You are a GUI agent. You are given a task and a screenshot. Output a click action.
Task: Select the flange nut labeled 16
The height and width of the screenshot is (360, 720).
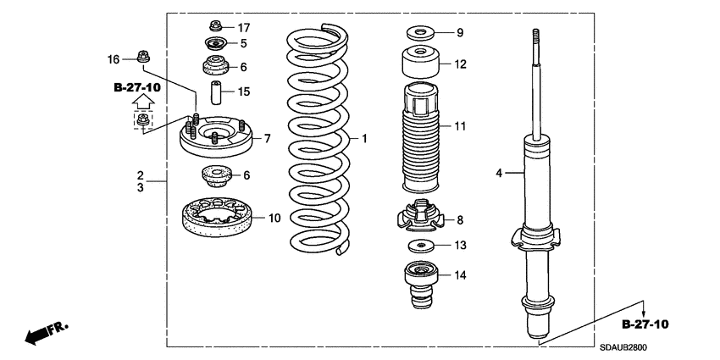coord(142,58)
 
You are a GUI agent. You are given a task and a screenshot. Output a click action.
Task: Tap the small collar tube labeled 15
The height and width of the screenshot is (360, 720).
coord(216,91)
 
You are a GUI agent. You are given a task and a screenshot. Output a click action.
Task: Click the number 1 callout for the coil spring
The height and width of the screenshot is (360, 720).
coord(365,138)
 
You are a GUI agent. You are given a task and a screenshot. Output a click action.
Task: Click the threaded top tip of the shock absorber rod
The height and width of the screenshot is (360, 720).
coord(535,36)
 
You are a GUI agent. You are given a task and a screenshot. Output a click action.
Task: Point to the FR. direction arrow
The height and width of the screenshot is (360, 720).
coord(47,334)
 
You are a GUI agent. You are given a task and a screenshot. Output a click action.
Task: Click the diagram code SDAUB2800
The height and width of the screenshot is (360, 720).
coord(629,346)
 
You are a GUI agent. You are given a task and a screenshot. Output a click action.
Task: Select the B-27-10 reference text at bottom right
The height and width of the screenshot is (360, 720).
coord(645,324)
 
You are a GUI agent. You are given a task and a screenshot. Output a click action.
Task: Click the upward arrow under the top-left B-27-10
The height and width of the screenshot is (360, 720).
coord(143,102)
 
